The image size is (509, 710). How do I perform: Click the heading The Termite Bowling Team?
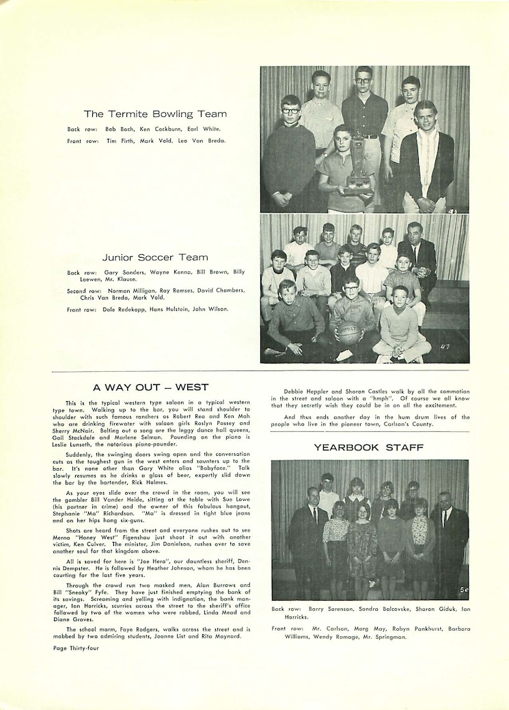(x=155, y=114)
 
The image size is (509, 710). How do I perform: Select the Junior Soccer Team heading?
(x=155, y=258)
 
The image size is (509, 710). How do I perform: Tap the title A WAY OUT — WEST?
(x=151, y=387)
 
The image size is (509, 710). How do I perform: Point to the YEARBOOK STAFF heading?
(x=369, y=448)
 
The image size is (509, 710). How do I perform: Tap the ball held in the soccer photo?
(x=348, y=332)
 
